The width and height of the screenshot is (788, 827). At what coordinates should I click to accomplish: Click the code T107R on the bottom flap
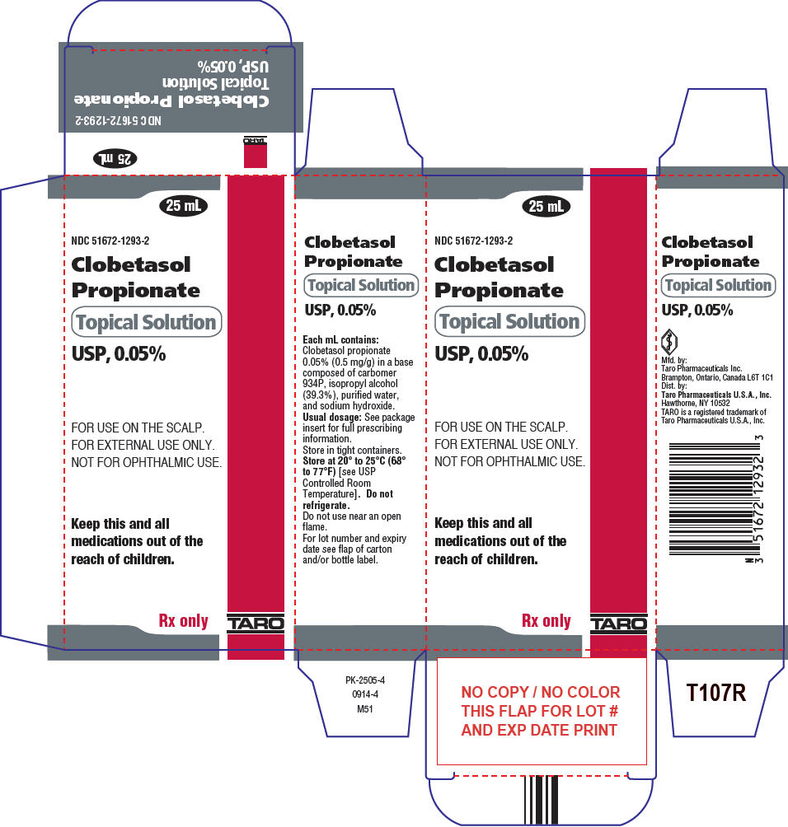coord(716,693)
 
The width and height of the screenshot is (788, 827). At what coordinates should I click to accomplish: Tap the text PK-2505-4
coord(365,680)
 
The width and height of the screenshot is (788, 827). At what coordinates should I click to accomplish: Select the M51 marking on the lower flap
coord(364,709)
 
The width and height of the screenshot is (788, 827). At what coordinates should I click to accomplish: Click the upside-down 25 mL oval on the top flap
coord(115,158)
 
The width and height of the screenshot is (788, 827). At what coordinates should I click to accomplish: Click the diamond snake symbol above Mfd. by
coord(669,341)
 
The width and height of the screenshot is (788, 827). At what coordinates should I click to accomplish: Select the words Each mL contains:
coord(340,339)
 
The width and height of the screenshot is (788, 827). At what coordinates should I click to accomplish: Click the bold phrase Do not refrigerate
coord(348,499)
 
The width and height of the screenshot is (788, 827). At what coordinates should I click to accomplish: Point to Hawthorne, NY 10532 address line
coord(695,403)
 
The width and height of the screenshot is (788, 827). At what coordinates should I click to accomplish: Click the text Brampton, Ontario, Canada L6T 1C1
coord(717,377)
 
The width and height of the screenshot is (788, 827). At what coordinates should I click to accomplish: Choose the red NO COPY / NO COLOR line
coord(541,692)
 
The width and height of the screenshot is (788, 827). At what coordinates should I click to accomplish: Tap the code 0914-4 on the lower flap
coord(365,694)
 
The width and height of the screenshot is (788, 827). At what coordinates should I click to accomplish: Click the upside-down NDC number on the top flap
coord(119,120)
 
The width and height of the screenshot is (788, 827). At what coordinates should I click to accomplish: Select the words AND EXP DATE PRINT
coord(539,730)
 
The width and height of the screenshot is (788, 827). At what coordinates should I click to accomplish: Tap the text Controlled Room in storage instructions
coord(337,484)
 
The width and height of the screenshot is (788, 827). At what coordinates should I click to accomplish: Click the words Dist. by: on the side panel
coord(674,385)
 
